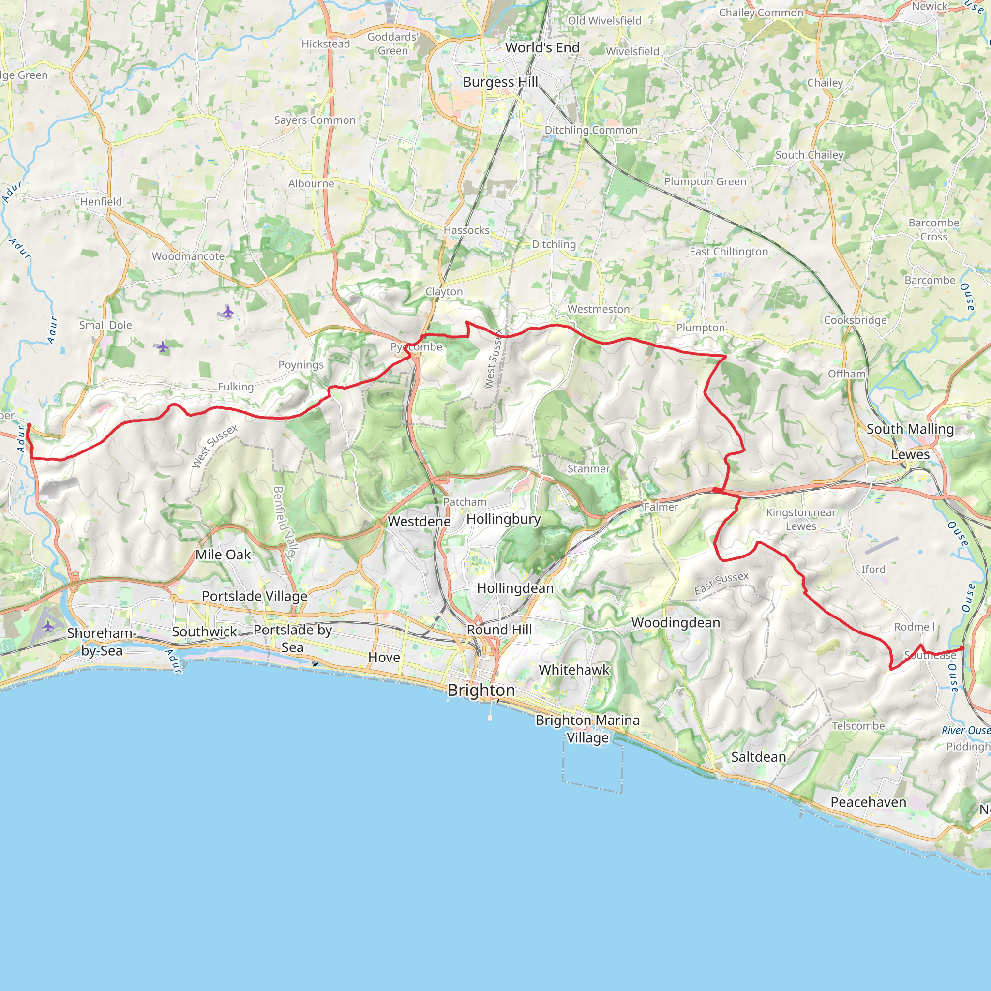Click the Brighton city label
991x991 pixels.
point(481,690)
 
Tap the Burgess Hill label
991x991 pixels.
point(500,82)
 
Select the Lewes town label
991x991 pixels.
point(910,454)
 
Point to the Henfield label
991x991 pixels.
point(101,202)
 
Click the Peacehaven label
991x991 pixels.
point(868,802)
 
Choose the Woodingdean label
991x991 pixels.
point(676,622)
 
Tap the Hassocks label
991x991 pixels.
point(466,230)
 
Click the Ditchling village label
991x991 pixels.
point(554,244)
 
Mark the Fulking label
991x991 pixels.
point(236,387)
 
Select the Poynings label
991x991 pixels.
point(301,365)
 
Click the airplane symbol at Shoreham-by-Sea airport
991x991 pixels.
point(48,626)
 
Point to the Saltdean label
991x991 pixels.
point(758,757)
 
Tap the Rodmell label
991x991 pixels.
point(914,627)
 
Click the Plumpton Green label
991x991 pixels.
point(705,181)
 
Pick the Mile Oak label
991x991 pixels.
point(223,555)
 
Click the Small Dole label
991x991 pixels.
point(105,325)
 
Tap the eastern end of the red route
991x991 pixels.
point(962,648)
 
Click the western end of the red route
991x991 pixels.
point(29,425)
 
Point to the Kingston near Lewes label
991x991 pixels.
point(801,519)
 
